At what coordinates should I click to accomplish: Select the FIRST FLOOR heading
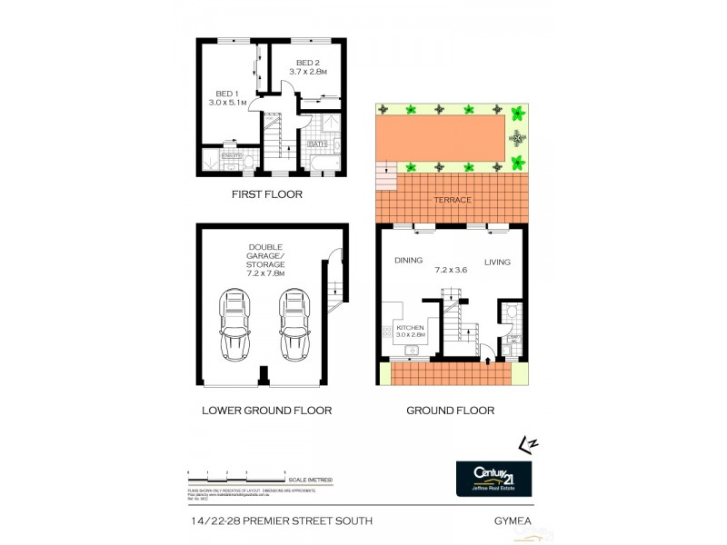click(x=265, y=194)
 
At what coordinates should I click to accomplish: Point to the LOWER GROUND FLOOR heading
click(x=265, y=411)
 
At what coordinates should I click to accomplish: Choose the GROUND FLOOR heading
click(x=450, y=411)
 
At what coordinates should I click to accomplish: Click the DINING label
click(x=409, y=262)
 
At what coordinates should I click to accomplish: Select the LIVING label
click(x=497, y=262)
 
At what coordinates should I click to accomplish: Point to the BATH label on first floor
click(x=317, y=144)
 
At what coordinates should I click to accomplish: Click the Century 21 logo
click(x=494, y=477)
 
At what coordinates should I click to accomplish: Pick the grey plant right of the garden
click(x=518, y=139)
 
